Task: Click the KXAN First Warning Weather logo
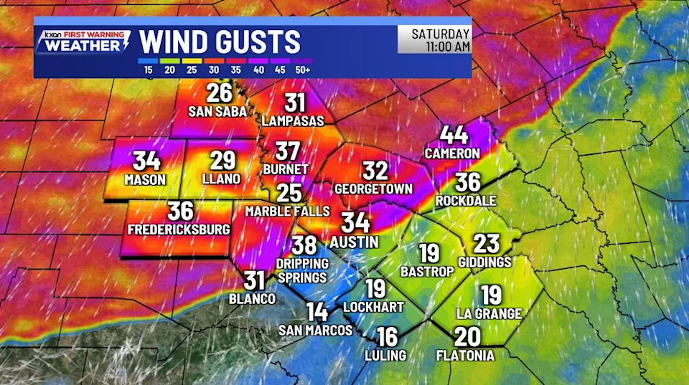(x=85, y=42)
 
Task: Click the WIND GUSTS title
(x=219, y=41)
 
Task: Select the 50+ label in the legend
(x=302, y=70)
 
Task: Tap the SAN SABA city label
(x=217, y=112)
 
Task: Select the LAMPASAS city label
(x=294, y=121)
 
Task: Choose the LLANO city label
(x=222, y=179)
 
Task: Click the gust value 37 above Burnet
(x=288, y=151)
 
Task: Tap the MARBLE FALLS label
(x=287, y=211)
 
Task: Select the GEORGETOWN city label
(x=374, y=189)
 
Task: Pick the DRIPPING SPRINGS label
(x=301, y=270)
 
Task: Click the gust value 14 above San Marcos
(x=317, y=312)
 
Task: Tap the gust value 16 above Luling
(x=387, y=337)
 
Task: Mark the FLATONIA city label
(x=465, y=355)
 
